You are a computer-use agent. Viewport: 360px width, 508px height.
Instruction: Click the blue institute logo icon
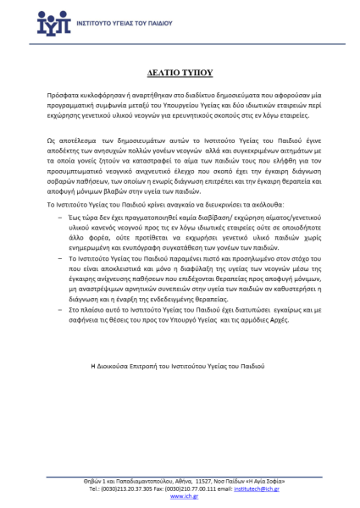point(58,23)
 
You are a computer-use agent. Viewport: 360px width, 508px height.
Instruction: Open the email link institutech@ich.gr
point(273,488)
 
